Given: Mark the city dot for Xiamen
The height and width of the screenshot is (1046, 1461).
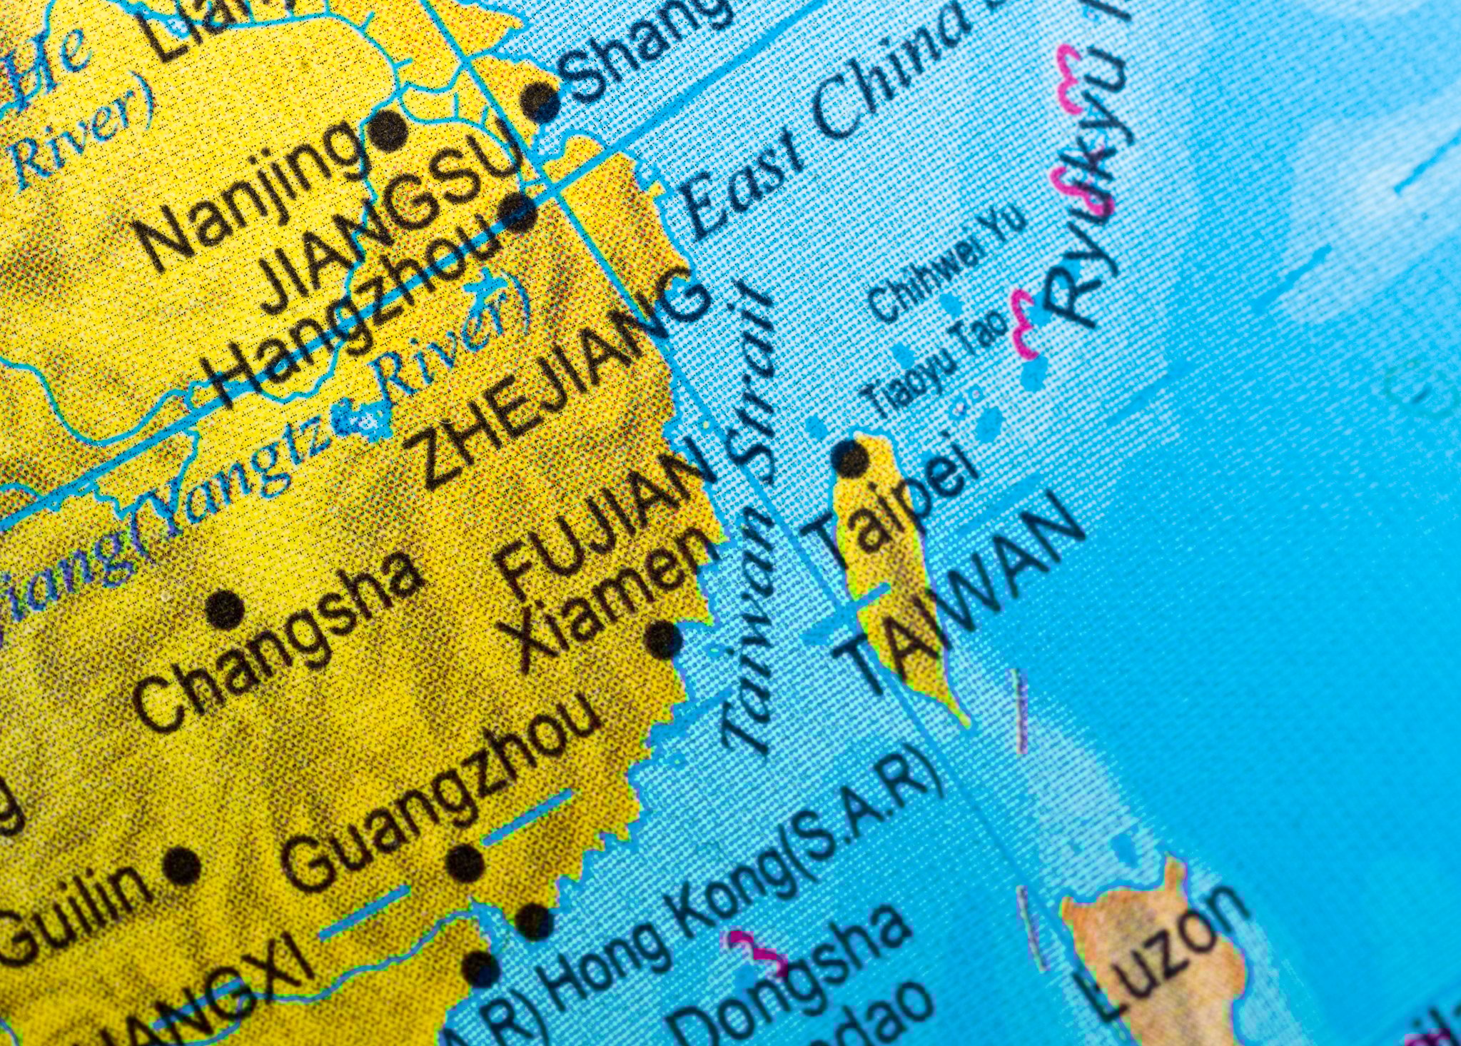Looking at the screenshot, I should (663, 638).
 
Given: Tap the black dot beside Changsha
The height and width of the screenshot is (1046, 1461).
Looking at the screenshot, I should (226, 609).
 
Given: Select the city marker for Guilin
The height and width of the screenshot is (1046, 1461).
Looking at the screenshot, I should (182, 866).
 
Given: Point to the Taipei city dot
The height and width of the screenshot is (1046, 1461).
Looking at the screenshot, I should (850, 458).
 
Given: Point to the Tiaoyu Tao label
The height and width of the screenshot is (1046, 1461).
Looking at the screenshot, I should (935, 364).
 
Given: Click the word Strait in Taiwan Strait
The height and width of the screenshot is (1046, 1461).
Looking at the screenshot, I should (749, 378).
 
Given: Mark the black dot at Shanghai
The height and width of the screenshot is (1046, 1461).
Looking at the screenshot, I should (541, 101).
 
